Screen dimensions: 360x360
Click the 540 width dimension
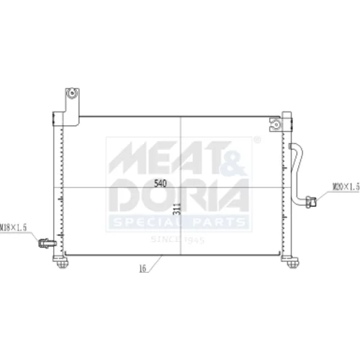click(160, 184)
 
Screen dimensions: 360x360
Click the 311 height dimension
click(176, 209)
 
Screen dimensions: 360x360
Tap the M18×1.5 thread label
click(13, 228)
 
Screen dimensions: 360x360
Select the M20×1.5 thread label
click(346, 186)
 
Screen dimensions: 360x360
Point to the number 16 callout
click(143, 269)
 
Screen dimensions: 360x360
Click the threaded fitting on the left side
click(48, 243)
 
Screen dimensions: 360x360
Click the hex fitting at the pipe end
click(311, 202)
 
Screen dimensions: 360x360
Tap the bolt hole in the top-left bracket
click(71, 93)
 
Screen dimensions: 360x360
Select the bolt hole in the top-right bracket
click(276, 125)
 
